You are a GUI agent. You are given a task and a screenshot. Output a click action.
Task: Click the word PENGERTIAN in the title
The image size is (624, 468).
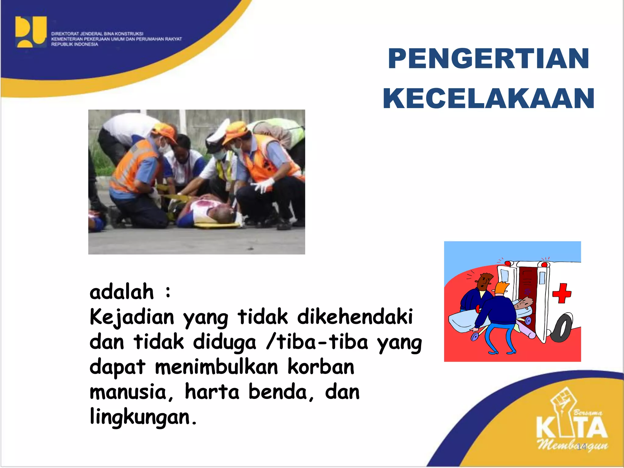click(x=488, y=58)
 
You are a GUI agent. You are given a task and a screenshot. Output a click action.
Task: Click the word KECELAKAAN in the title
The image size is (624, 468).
click(x=488, y=98)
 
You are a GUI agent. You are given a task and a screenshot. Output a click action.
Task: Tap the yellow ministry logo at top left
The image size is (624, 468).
click(x=31, y=32)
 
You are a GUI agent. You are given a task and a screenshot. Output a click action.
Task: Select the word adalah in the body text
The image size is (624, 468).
click(x=122, y=292)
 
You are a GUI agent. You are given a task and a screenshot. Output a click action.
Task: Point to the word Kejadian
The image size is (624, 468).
click(x=132, y=317)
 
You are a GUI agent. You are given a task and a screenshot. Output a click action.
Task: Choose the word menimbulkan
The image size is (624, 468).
click(x=216, y=367)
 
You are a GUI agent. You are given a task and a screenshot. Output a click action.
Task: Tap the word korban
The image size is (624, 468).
click(x=321, y=367)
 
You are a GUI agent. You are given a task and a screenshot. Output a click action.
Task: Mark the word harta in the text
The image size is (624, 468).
click(x=212, y=392)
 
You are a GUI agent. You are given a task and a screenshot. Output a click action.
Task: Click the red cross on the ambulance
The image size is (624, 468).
click(x=562, y=293)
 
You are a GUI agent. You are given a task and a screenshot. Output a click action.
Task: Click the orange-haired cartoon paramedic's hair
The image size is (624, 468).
click(x=501, y=287)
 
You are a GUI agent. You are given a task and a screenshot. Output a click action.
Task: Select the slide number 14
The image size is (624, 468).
click(x=581, y=446)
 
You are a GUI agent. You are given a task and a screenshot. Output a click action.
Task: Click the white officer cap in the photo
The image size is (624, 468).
click(x=217, y=136)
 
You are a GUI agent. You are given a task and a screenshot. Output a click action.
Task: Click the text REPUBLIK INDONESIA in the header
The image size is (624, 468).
click(x=75, y=44)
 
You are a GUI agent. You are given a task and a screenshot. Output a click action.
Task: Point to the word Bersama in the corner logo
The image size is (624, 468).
click(x=588, y=413)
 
